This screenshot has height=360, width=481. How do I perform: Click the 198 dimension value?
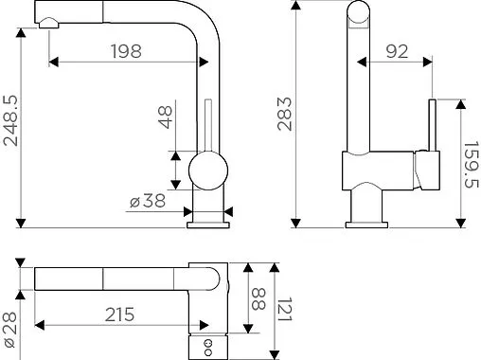126,51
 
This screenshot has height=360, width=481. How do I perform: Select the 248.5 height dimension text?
11,120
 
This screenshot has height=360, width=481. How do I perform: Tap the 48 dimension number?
165,117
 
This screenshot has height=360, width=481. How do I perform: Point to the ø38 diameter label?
148,201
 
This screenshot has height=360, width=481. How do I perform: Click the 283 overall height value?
285,114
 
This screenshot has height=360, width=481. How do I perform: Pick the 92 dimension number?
397,51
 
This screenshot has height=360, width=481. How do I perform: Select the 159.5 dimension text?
472,164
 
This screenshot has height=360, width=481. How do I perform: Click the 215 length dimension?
119,315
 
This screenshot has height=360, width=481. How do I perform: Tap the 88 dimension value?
259,298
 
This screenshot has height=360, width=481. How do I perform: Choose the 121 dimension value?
285,310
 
